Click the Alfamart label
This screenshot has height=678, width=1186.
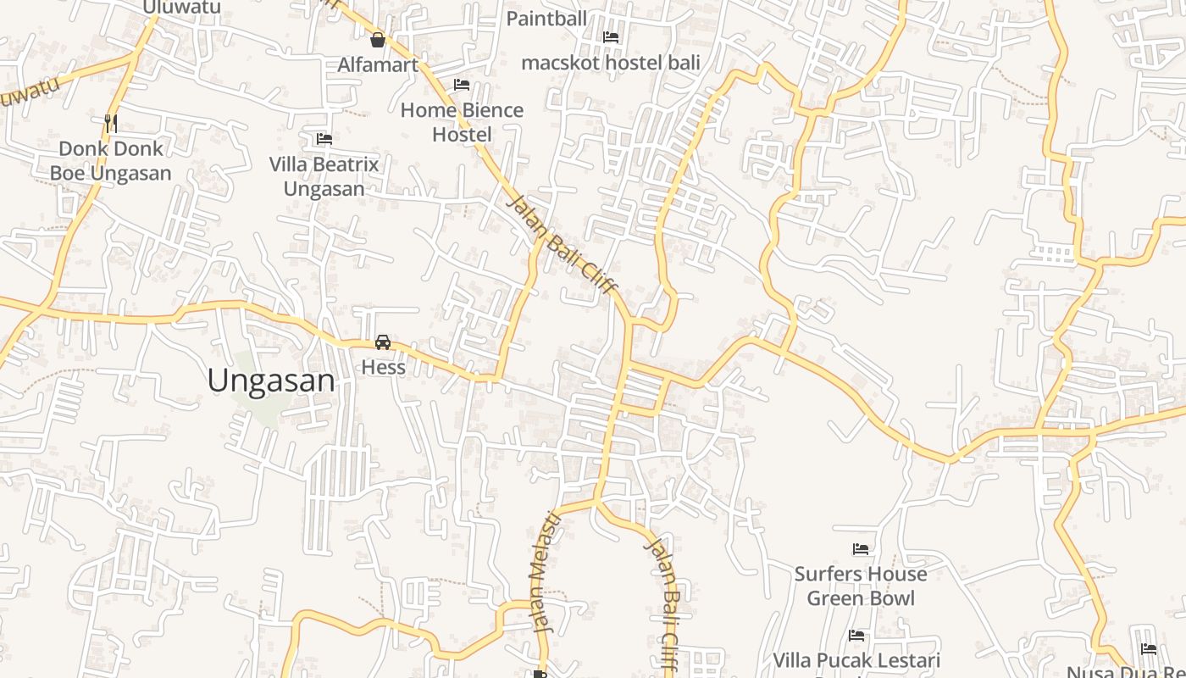click(378, 64)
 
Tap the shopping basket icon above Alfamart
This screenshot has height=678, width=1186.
click(378, 40)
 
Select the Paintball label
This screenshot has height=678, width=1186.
click(546, 19)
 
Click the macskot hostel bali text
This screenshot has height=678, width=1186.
click(610, 62)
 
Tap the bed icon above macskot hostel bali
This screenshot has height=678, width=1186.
click(610, 37)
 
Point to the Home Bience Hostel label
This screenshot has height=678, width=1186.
click(462, 122)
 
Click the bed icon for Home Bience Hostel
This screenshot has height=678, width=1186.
click(462, 85)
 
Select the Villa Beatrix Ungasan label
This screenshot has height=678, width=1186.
click(324, 175)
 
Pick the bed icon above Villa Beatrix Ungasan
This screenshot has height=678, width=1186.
click(324, 139)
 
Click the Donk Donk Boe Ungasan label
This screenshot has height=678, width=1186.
click(110, 161)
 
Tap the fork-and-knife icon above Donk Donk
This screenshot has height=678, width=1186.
click(110, 123)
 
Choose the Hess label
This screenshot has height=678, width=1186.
click(383, 368)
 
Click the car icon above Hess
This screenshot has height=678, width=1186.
click(383, 342)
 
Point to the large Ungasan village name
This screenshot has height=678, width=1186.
click(271, 381)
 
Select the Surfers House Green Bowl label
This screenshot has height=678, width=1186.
click(861, 586)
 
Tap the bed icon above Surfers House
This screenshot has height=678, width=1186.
click(861, 549)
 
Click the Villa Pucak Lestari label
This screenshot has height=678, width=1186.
click(856, 660)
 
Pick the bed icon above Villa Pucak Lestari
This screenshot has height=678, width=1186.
click(856, 636)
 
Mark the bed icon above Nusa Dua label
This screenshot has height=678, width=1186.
click(1149, 649)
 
